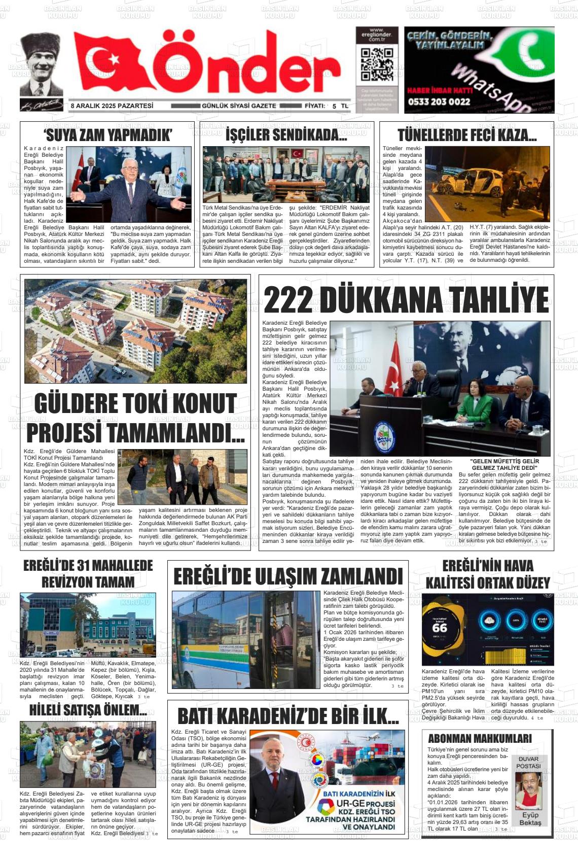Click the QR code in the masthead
pyautogui.click(x=377, y=64)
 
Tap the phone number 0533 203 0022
pyautogui.click(x=439, y=101)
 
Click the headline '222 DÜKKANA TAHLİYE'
pyautogui.click(x=406, y=300)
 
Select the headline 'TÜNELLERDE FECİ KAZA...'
pyautogui.click(x=467, y=135)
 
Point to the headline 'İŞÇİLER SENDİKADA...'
pyautogui.click(x=286, y=135)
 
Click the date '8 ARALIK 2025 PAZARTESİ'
pyautogui.click(x=112, y=106)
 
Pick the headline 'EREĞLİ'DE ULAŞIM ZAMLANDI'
pyautogui.click(x=288, y=577)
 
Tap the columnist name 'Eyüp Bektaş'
pyautogui.click(x=530, y=819)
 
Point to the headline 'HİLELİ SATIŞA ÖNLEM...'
pyautogui.click(x=88, y=710)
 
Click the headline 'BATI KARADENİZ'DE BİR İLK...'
pyautogui.click(x=288, y=716)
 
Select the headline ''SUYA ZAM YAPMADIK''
pyautogui.click(x=108, y=135)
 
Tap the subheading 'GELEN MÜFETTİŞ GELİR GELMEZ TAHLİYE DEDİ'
pyautogui.click(x=504, y=464)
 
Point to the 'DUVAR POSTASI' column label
pyautogui.click(x=529, y=763)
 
